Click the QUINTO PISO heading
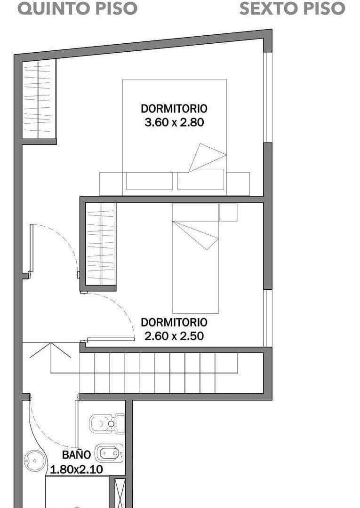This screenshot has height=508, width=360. pos(78,8)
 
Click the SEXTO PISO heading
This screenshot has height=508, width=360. pos(292,8)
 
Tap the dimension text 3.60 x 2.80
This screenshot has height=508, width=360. pos(174,123)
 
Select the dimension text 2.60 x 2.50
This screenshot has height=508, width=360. pos(174,336)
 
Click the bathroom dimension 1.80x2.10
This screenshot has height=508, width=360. pos(76,468)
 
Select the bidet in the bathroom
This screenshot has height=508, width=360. pos(109,453)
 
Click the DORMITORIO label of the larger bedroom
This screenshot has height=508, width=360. pos(174,108)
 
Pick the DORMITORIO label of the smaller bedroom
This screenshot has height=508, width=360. pos(174,322)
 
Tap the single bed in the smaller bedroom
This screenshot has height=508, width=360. pos(195,273)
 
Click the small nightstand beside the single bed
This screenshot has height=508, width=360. pos(228,212)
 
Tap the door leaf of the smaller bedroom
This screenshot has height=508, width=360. pos(111,339)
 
